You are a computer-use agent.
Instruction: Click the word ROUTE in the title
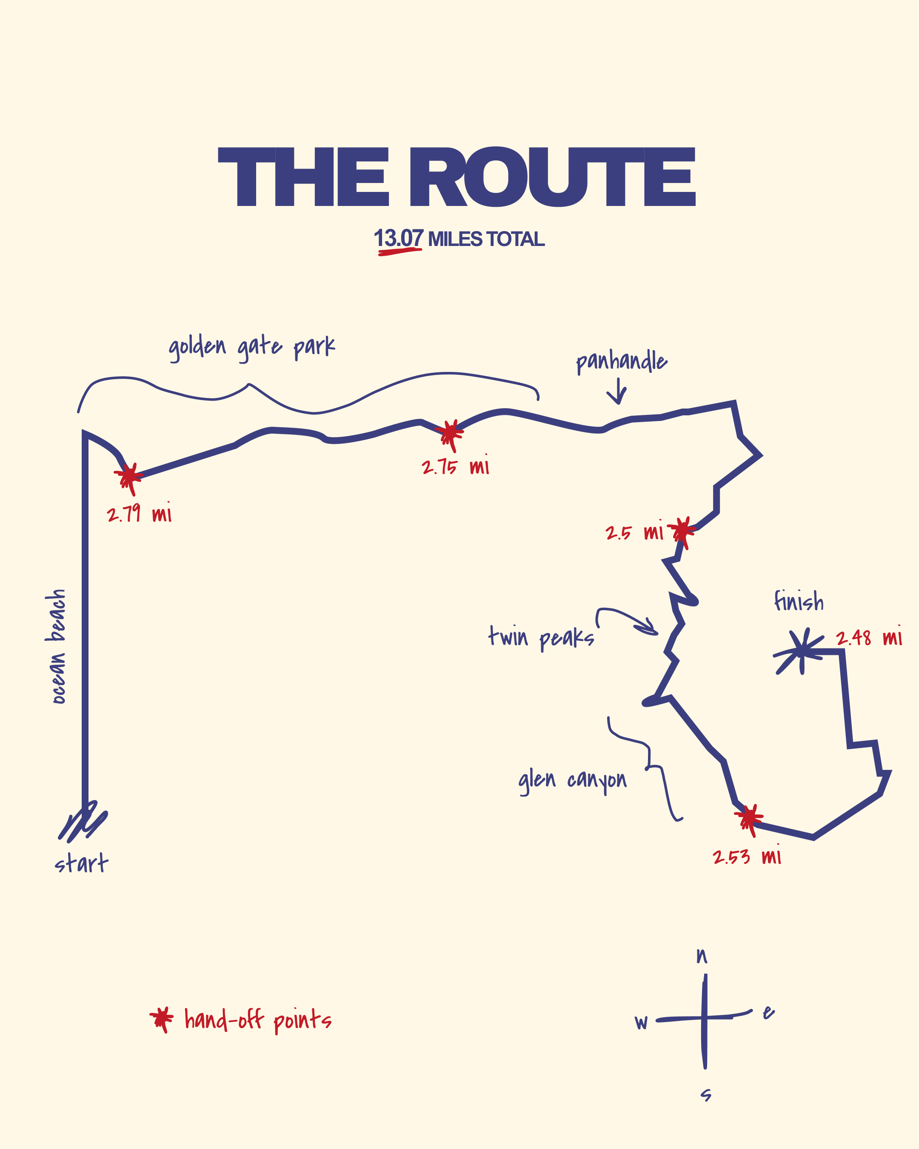(x=553, y=177)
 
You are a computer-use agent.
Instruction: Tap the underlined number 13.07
(x=399, y=238)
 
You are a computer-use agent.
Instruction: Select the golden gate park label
(x=252, y=348)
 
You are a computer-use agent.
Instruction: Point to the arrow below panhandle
(x=617, y=392)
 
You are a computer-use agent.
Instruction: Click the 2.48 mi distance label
(x=869, y=637)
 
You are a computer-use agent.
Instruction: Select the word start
(x=82, y=863)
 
